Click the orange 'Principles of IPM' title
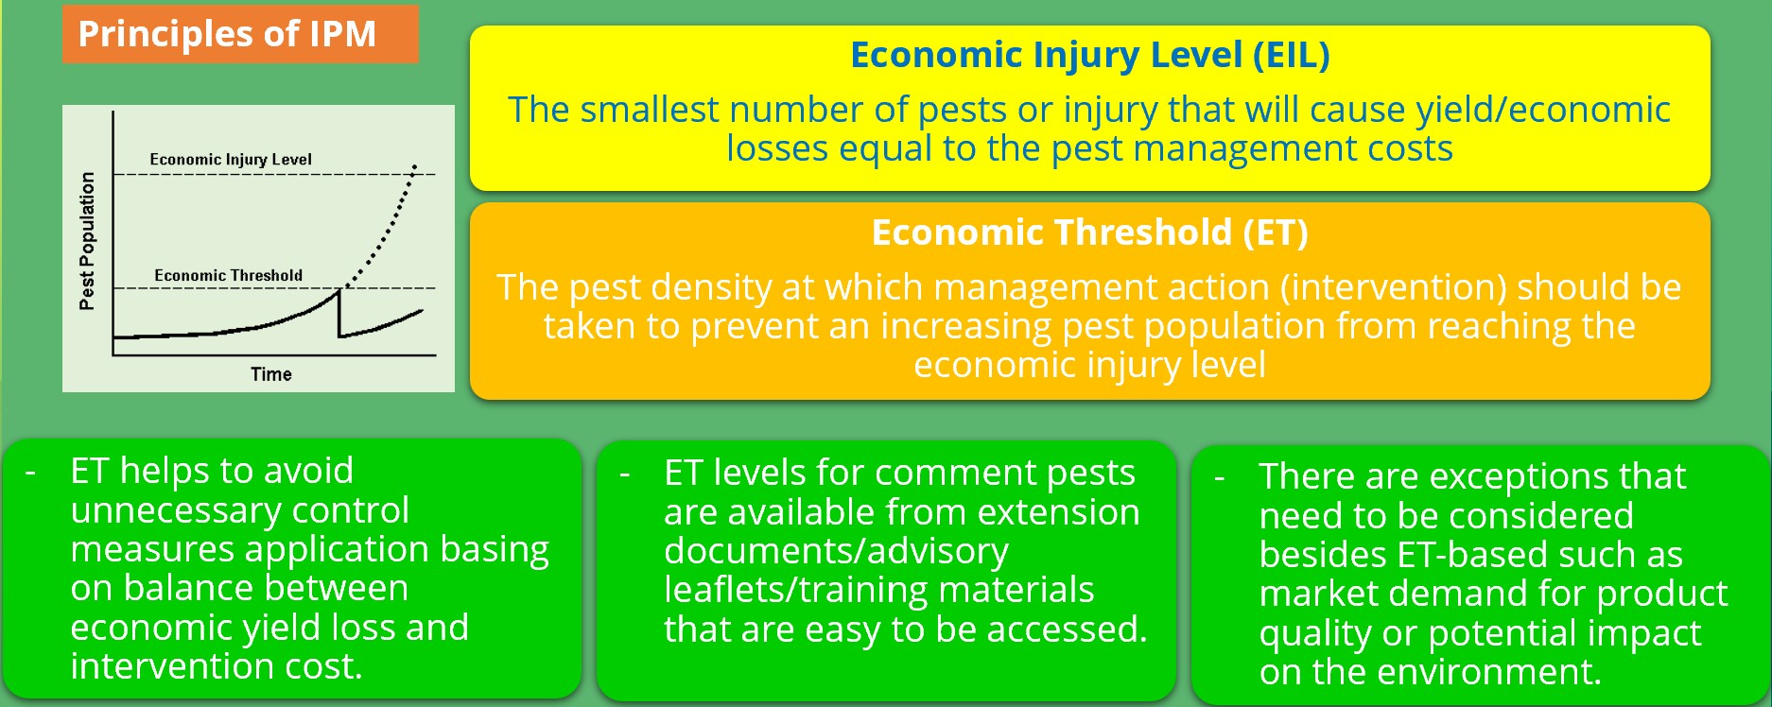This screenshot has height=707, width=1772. (227, 34)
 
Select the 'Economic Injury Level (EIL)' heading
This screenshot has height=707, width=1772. (1090, 55)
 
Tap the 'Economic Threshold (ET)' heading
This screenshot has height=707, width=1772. (1090, 233)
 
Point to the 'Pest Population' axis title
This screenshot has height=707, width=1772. (87, 241)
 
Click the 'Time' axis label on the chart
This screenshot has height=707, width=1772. (271, 374)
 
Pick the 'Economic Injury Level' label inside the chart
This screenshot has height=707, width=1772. (231, 160)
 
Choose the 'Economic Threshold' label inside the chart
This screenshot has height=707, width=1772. (229, 275)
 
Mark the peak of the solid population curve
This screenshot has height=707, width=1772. (339, 291)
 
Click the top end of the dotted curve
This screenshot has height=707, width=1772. (415, 166)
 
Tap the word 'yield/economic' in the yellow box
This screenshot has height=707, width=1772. (1543, 111)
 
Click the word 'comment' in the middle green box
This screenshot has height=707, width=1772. (899, 473)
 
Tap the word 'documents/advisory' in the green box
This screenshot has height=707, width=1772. (836, 552)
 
